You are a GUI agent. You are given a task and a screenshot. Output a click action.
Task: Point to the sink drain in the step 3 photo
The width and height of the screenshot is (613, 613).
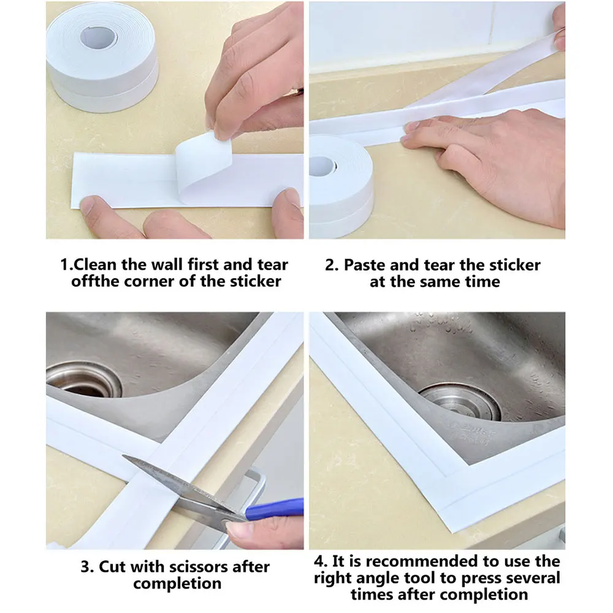pyautogui.click(x=85, y=379)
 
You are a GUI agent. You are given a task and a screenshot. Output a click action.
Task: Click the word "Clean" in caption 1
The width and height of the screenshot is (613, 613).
pyautogui.click(x=95, y=265)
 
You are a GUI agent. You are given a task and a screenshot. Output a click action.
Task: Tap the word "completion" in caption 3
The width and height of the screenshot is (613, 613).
pyautogui.click(x=177, y=584)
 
